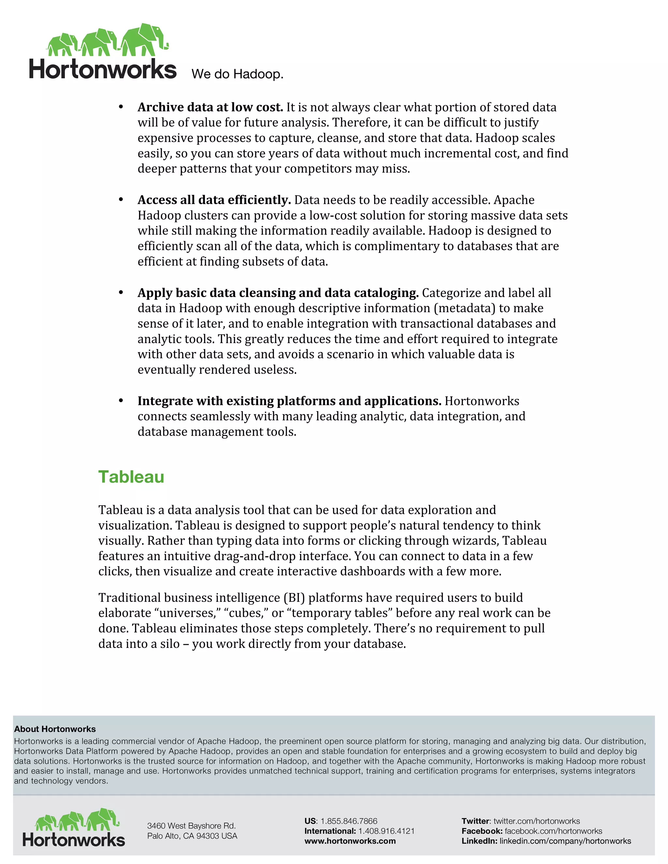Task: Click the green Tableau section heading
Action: pyautogui.click(x=131, y=477)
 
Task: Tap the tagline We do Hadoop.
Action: pyautogui.click(x=237, y=74)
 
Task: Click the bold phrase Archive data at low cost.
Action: pyautogui.click(x=210, y=107)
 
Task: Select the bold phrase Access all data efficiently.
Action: pyautogui.click(x=214, y=200)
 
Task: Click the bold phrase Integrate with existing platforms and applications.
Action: pyautogui.click(x=289, y=401)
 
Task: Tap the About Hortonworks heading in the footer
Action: pyautogui.click(x=55, y=729)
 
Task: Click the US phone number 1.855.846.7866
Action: pyautogui.click(x=349, y=821)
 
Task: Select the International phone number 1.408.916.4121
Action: pyautogui.click(x=386, y=831)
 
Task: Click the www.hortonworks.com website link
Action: pyautogui.click(x=350, y=841)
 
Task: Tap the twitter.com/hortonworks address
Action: pyautogui.click(x=536, y=821)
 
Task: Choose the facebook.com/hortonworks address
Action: pyautogui.click(x=553, y=831)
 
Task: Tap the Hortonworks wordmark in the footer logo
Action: pyautogui.click(x=74, y=840)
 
